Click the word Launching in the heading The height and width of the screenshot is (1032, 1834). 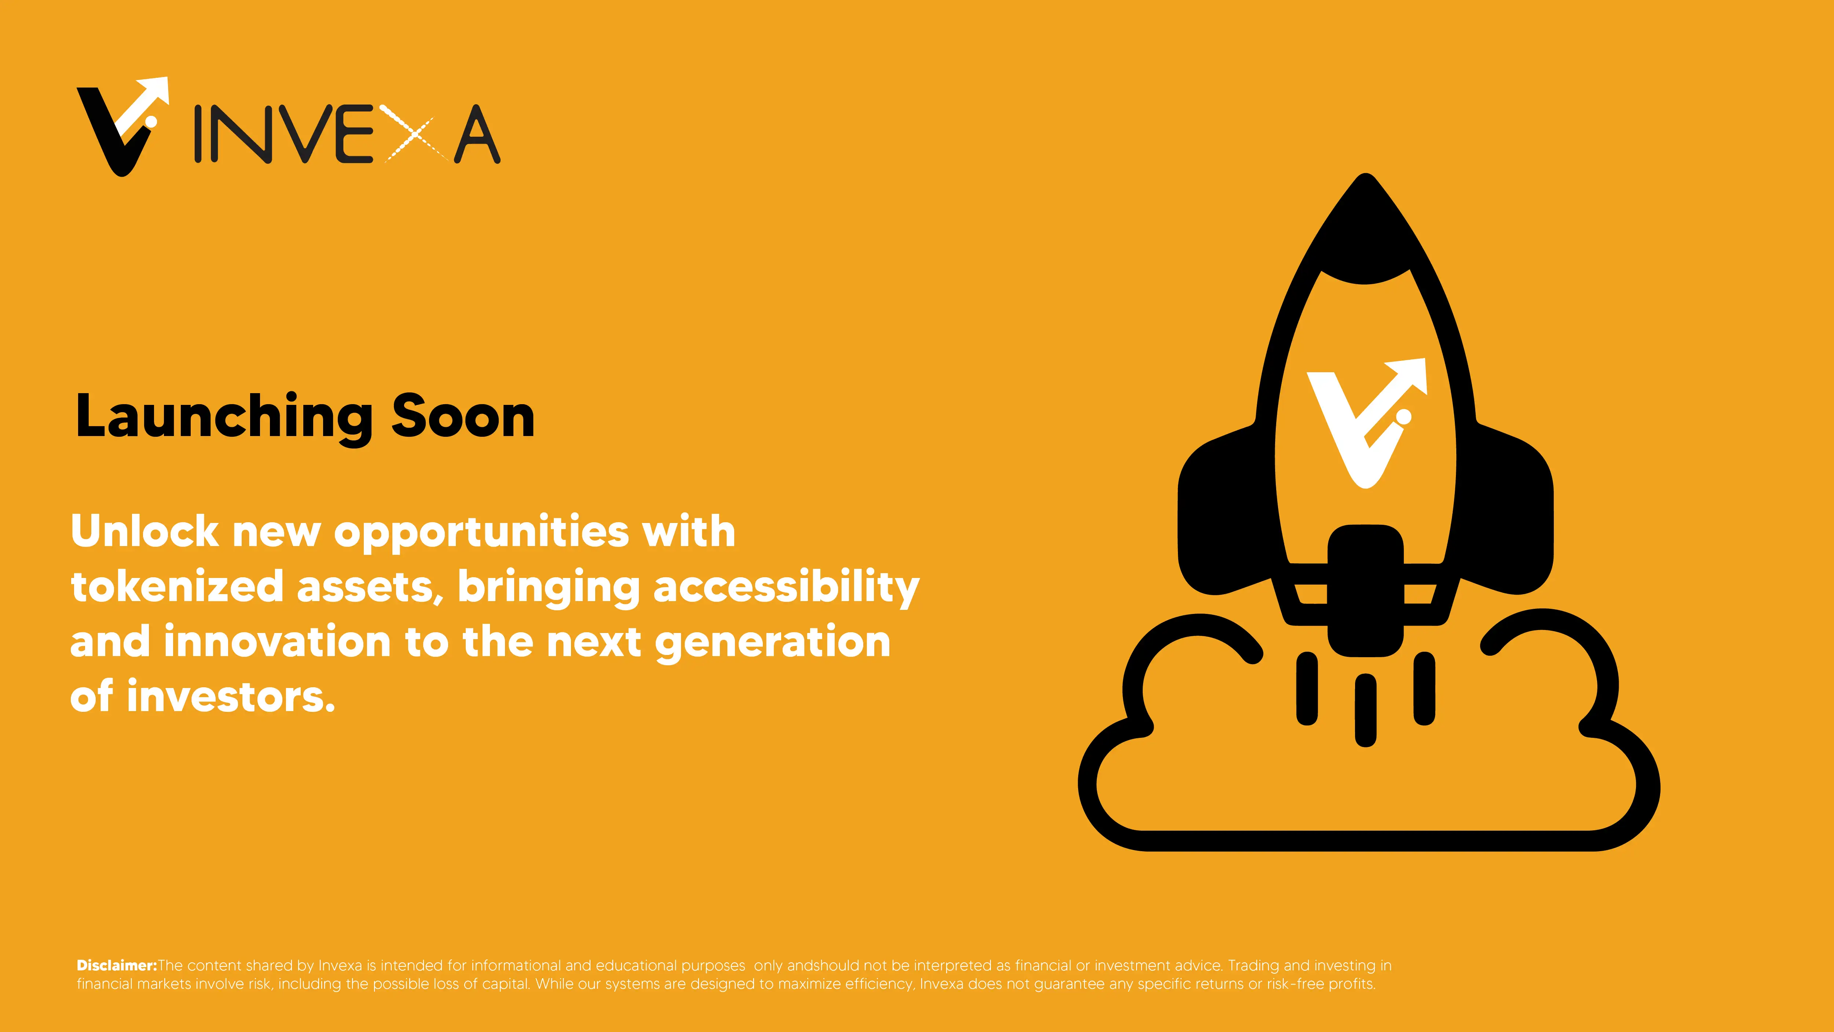(224, 418)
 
